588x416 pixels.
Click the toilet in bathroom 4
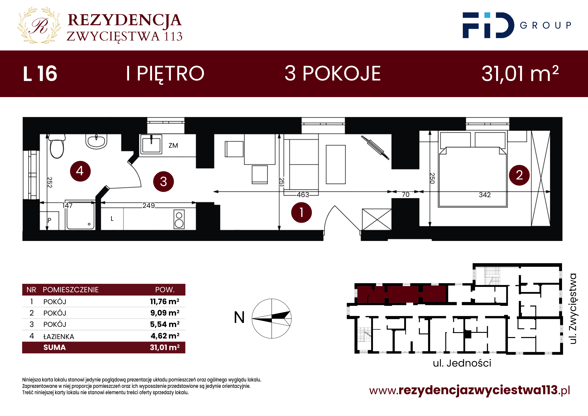tap(57, 147)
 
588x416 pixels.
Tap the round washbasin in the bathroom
tap(96, 141)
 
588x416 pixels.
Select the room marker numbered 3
tap(163, 182)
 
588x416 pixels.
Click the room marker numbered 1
tap(301, 212)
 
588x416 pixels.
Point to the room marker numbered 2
tap(519, 175)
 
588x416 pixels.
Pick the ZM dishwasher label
tap(173, 146)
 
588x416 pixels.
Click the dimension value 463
tap(303, 195)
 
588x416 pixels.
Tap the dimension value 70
tap(406, 195)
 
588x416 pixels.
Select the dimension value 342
tap(485, 195)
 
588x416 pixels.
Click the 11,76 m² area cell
tap(165, 301)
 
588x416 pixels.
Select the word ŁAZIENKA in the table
tap(59, 336)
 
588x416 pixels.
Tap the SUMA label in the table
tap(54, 347)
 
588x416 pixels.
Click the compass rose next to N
tap(272, 318)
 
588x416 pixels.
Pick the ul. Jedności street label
tap(462, 363)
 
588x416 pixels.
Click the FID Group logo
tap(517, 25)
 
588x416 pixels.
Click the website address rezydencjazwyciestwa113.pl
tap(470, 390)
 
